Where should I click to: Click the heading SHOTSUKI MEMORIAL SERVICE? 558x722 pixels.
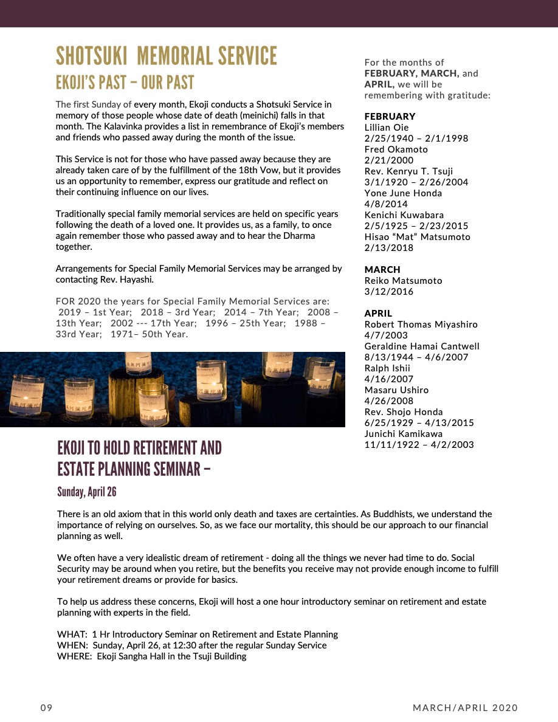coord(166,56)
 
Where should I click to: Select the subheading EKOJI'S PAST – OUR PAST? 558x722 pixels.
coord(125,83)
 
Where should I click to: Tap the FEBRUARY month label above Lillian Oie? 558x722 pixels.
coord(390,116)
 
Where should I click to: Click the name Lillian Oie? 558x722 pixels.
coord(387,127)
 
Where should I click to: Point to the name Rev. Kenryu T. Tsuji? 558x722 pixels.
coord(408,171)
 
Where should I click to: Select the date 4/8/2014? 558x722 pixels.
coord(386,204)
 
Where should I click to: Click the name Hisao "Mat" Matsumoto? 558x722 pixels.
coord(417,236)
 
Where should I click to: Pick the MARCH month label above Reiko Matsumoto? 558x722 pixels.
coord(382,269)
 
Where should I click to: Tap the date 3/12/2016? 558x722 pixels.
coord(388,291)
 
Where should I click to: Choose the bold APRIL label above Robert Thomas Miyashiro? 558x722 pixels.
coord(378,313)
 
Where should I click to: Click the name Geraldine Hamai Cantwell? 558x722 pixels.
coord(422,346)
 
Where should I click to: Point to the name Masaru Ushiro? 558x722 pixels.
coord(396,390)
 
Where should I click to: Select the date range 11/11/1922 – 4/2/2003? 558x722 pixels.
coord(419,444)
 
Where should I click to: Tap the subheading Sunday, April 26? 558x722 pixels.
coord(86,492)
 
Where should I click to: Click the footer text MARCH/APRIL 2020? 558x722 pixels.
coord(465,707)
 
